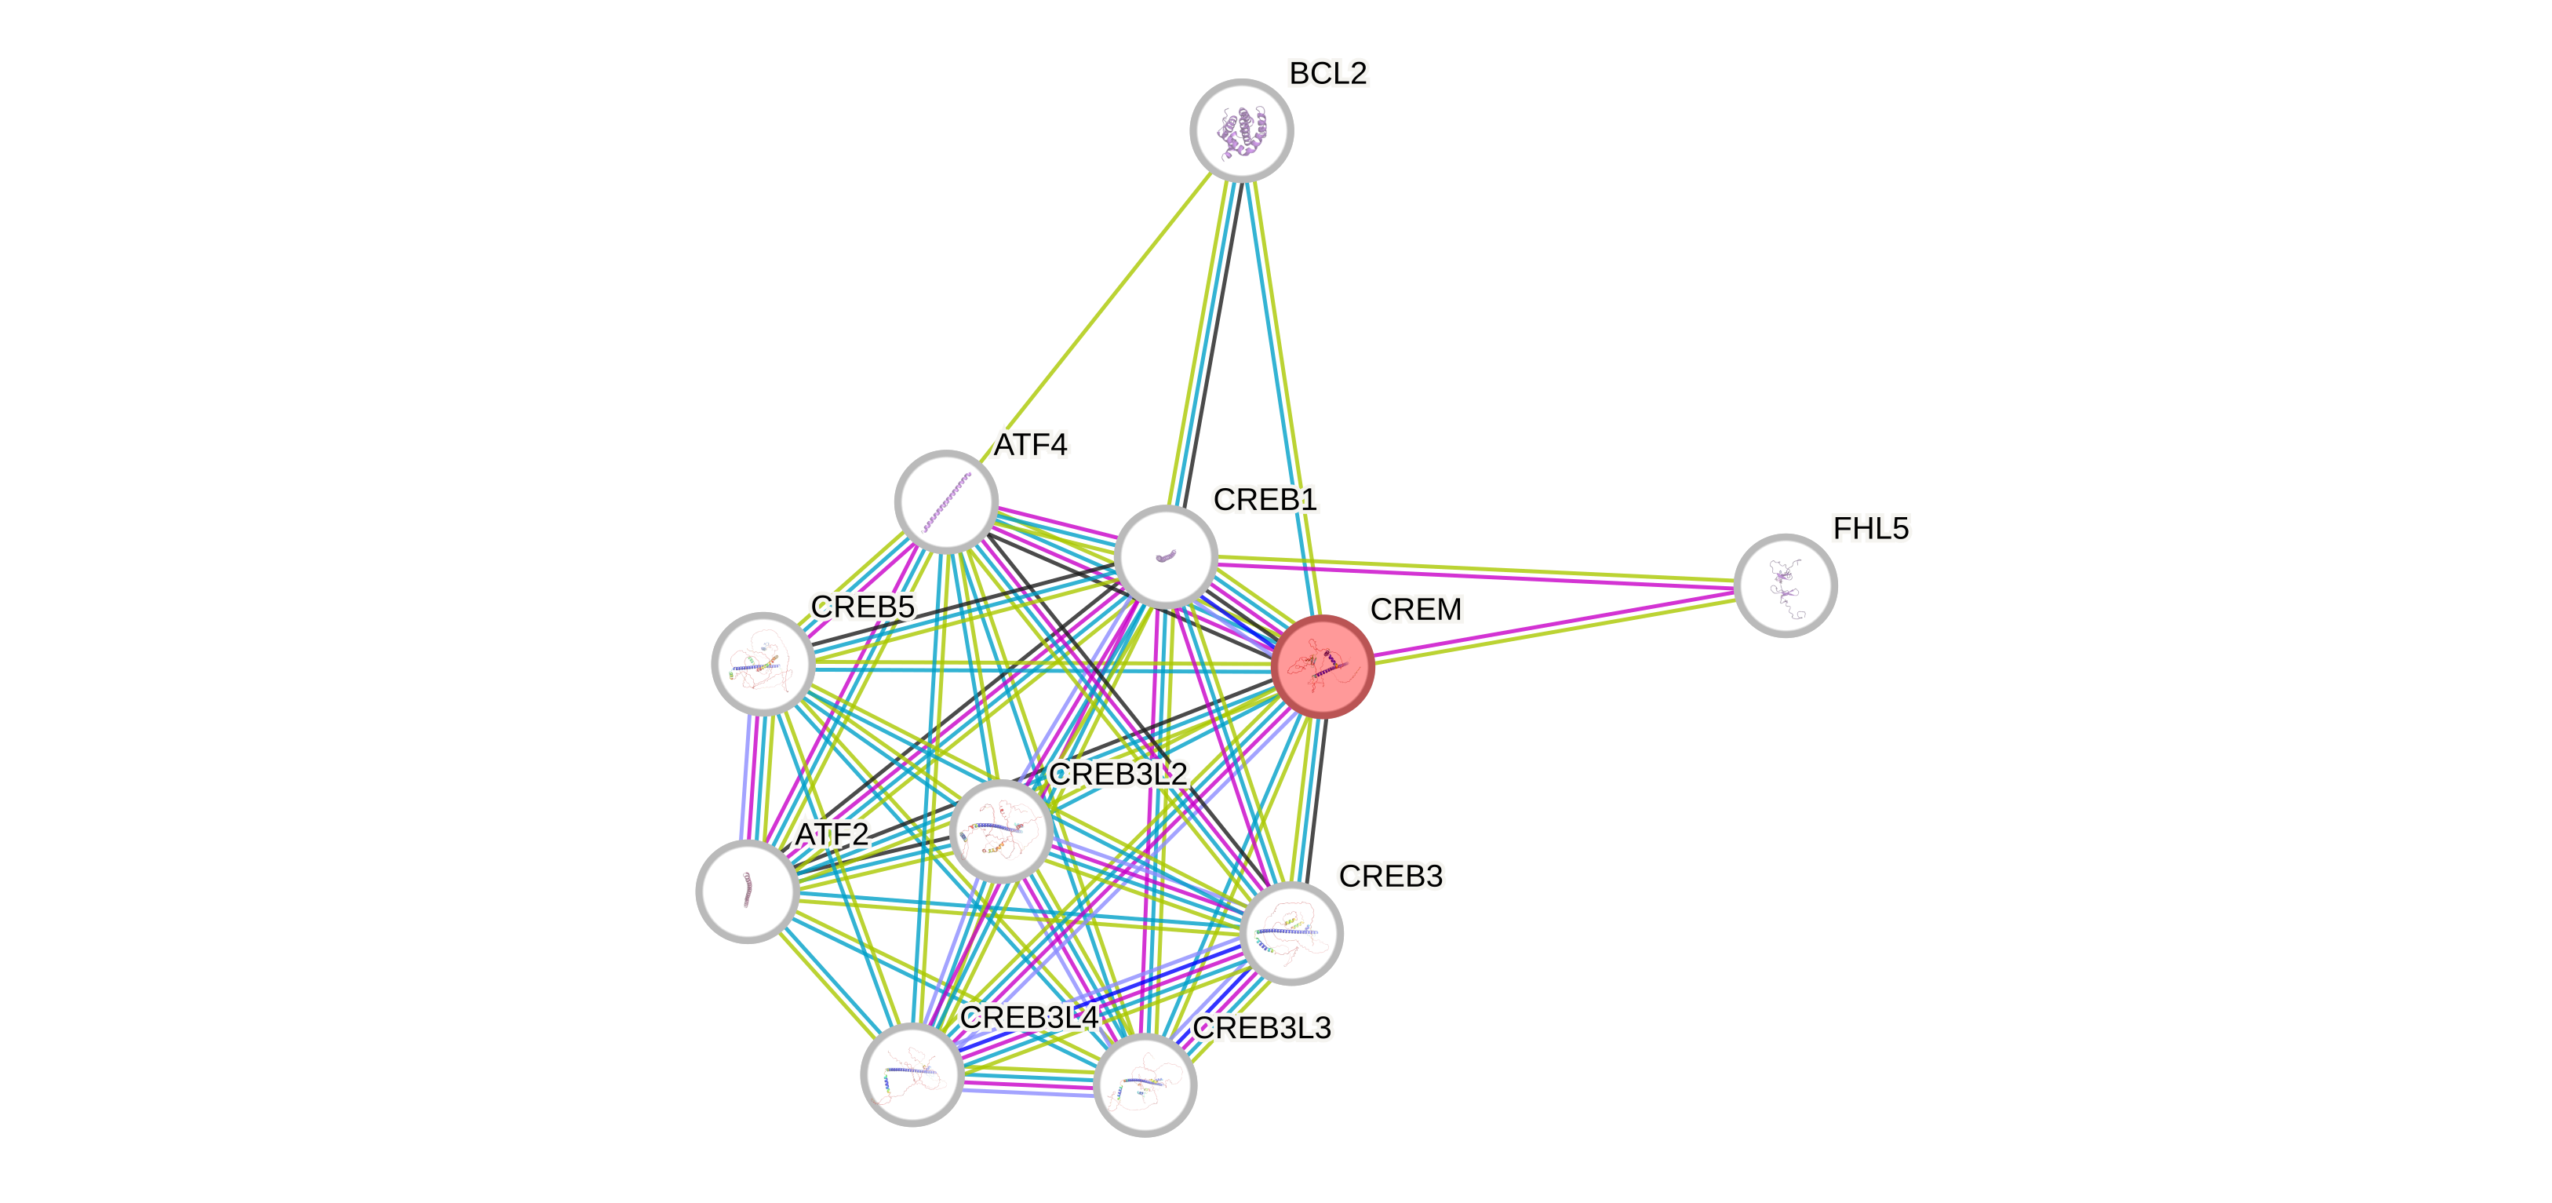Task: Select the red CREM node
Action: [1323, 666]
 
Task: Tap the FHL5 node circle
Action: [1786, 585]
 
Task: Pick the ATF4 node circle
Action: [946, 501]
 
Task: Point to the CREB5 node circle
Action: [763, 663]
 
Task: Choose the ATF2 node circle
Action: [748, 891]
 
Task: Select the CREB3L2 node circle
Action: [1000, 830]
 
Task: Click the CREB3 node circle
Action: [1291, 932]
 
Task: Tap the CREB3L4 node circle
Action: [912, 1074]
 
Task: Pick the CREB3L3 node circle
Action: [1145, 1084]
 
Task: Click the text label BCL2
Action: [1327, 72]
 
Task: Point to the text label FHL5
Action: [1870, 528]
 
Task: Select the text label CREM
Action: [1416, 608]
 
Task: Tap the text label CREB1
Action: [1265, 499]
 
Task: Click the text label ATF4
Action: [1032, 445]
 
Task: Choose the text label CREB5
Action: [862, 607]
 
